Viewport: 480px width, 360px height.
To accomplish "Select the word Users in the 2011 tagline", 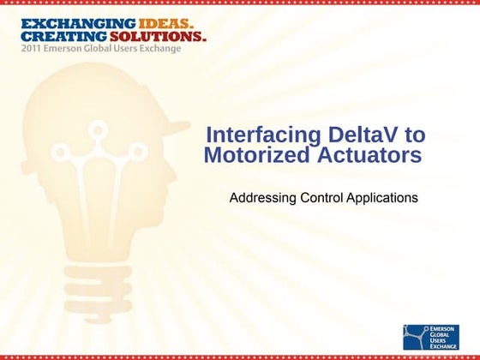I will click(x=128, y=51).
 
